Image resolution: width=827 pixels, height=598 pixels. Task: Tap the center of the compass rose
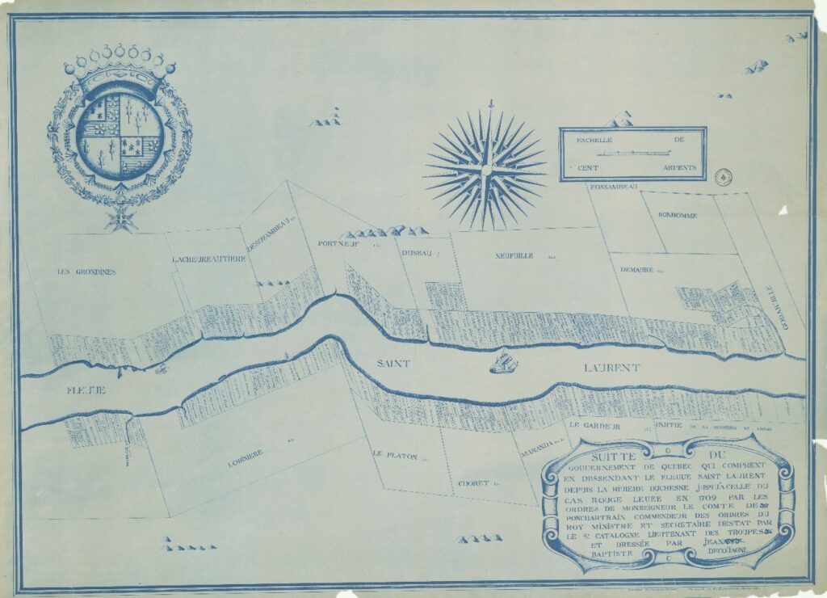pyautogui.click(x=486, y=170)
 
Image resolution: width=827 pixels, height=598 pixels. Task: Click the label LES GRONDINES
pyautogui.click(x=86, y=272)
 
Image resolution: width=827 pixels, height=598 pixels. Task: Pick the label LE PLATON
pyautogui.click(x=395, y=456)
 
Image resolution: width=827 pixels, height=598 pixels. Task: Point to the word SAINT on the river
pyautogui.click(x=393, y=364)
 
